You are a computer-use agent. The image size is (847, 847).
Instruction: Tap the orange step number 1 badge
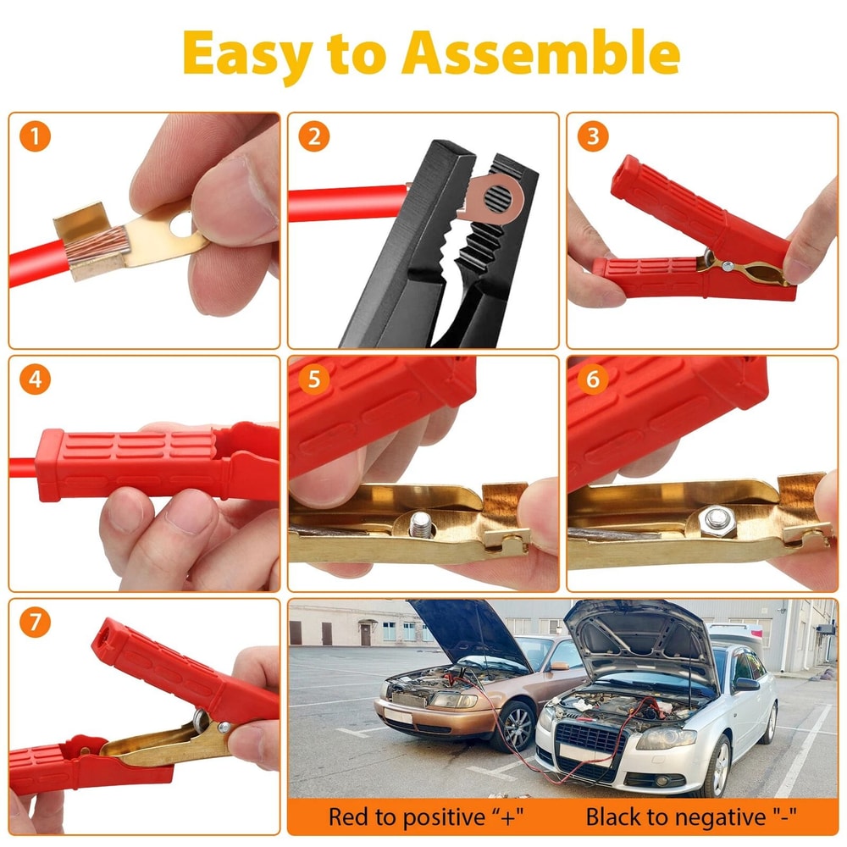[x=35, y=136]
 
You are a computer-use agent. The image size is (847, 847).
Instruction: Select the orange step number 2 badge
[x=313, y=136]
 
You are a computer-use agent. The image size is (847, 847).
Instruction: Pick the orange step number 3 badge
[x=592, y=136]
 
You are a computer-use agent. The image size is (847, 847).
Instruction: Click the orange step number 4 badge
[x=35, y=379]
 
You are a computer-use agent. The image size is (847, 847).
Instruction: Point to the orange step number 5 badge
[x=313, y=379]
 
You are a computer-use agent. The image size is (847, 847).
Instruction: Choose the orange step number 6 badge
[x=592, y=379]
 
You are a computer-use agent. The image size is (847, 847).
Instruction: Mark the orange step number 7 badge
[x=35, y=623]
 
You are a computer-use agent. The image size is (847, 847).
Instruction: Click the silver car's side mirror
[x=746, y=684]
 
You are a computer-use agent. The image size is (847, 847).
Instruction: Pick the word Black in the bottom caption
[x=613, y=817]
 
